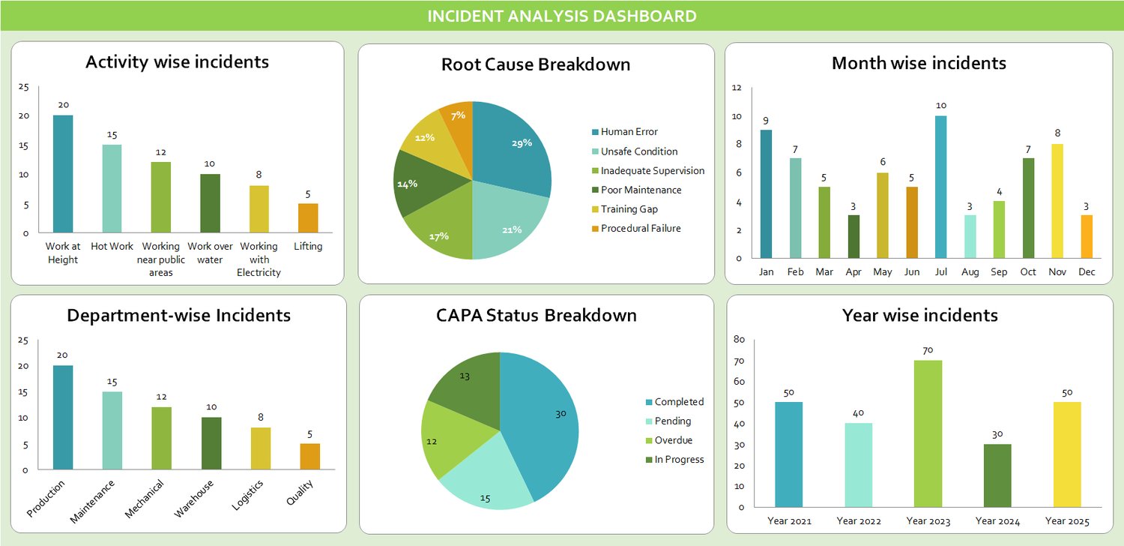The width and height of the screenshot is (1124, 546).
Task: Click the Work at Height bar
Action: coord(63,174)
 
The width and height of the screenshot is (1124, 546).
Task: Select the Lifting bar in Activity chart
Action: coord(308,218)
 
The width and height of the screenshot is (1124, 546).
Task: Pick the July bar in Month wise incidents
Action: coord(941,187)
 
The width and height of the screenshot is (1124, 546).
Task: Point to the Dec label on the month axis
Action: coord(1086,272)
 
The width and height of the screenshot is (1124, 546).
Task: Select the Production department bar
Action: coord(63,418)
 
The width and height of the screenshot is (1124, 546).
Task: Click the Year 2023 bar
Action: coord(928,433)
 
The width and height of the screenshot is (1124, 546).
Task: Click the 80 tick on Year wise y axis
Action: coord(740,339)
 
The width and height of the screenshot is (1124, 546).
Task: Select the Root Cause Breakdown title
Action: coord(536,64)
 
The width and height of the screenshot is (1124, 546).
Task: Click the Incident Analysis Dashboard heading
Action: coord(562,16)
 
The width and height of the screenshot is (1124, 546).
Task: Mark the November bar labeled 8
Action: coord(1057,201)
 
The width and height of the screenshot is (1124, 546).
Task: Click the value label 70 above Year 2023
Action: coord(928,350)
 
